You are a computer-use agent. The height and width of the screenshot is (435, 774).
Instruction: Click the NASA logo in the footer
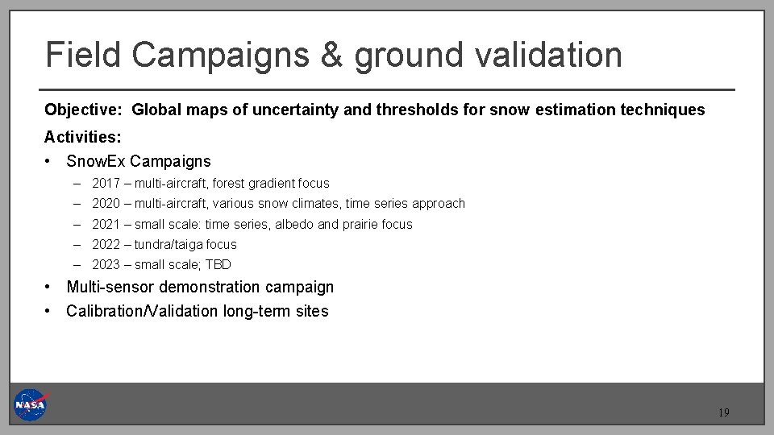31,404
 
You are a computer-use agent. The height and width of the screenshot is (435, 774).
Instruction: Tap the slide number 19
723,413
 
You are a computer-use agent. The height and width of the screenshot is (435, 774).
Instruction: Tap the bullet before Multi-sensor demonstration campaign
49,288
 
